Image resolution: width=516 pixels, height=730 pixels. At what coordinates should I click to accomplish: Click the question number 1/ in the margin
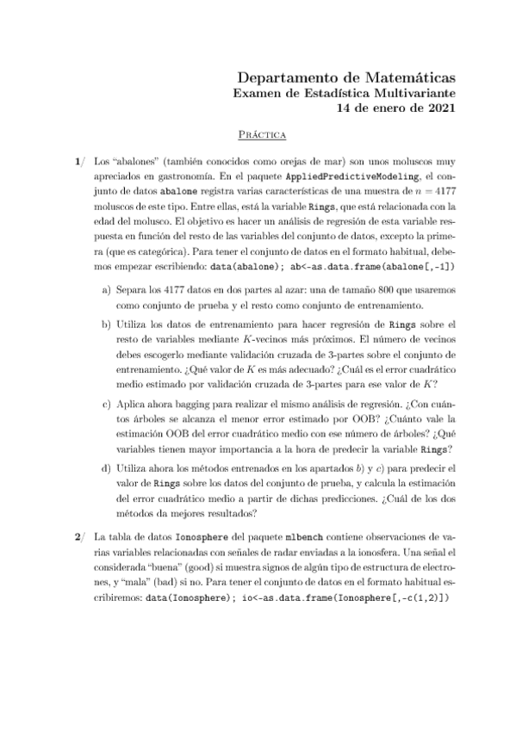click(79, 161)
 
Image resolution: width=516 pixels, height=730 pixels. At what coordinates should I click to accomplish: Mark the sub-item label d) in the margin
click(107, 468)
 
